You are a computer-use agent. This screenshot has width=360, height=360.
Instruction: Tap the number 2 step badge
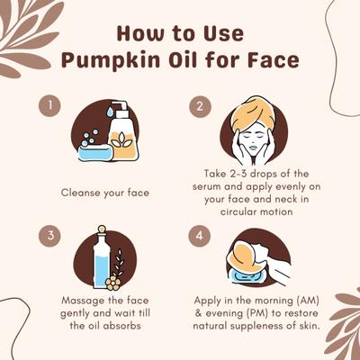[202, 106]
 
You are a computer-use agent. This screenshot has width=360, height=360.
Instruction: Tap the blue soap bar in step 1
[94, 152]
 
